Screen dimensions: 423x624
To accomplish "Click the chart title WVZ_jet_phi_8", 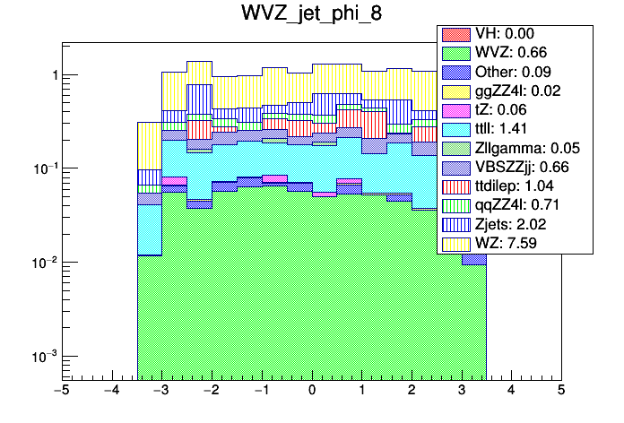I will (311, 15).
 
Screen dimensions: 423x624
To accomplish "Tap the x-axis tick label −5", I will (62, 392).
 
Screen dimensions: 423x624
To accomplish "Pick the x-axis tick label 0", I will (311, 392).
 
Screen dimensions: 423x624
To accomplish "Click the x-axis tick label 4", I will (510, 392).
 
